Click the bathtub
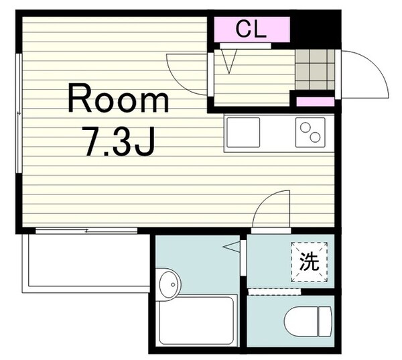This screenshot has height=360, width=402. point(196,321)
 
